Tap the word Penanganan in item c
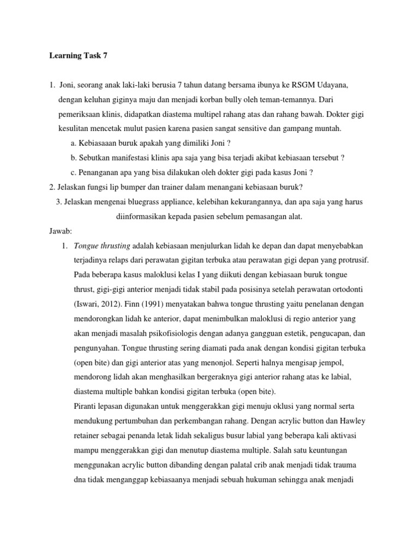tap(99, 173)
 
